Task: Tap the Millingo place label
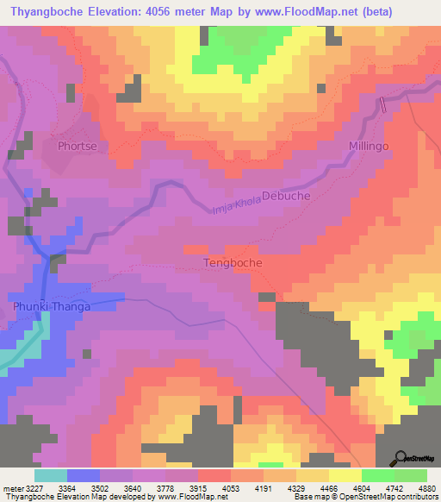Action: coord(370,147)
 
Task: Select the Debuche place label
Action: coord(285,196)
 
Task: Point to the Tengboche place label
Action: coord(233,262)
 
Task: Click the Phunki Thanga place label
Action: coord(51,305)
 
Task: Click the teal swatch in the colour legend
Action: coord(50,475)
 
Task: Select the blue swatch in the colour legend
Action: coord(83,475)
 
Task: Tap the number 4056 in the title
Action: coord(175,12)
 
